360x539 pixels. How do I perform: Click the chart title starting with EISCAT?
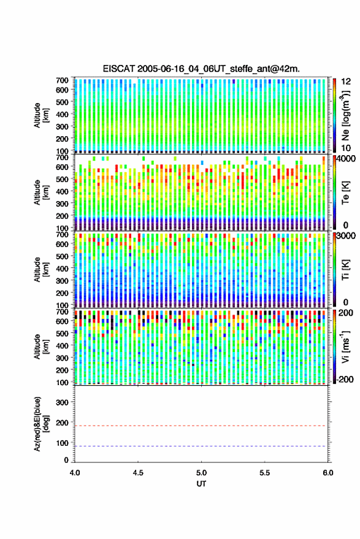click(x=201, y=69)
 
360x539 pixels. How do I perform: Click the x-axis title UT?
click(x=201, y=484)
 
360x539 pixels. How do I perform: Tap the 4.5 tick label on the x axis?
click(x=138, y=473)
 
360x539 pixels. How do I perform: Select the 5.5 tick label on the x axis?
click(x=264, y=473)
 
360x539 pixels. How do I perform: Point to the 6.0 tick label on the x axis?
click(x=327, y=473)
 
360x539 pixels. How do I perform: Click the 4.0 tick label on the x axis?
click(x=75, y=473)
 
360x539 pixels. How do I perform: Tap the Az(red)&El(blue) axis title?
click(x=41, y=424)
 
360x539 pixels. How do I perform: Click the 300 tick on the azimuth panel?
click(x=62, y=402)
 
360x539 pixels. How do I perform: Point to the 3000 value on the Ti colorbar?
click(x=347, y=236)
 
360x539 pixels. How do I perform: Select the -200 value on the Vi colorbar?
click(x=345, y=380)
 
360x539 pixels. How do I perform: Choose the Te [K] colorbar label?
click(x=345, y=193)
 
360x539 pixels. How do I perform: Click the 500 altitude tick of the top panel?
click(x=62, y=102)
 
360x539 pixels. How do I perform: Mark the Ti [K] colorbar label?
click(x=345, y=270)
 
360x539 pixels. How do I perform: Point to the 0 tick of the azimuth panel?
click(x=66, y=460)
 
